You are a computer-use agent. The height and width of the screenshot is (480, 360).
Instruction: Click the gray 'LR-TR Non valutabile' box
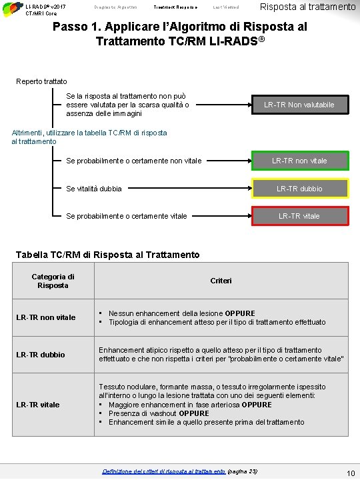pos(299,105)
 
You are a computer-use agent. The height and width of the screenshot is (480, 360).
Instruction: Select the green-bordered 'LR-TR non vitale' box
pos(299,161)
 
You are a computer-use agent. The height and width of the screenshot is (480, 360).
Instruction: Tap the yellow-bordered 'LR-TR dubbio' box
pos(299,189)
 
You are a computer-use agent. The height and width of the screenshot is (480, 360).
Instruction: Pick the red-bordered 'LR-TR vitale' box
pos(299,216)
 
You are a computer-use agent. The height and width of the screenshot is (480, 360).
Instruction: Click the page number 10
pos(350,473)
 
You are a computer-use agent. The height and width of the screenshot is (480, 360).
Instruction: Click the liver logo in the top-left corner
pos(11,8)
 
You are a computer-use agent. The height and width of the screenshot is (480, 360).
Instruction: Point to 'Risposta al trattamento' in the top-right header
pos(307,7)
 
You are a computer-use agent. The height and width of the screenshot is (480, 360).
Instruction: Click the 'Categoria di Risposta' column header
pos(53,281)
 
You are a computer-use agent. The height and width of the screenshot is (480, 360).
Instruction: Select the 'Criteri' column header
pos(221,281)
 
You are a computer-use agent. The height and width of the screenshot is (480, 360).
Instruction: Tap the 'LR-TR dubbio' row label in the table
pos(41,355)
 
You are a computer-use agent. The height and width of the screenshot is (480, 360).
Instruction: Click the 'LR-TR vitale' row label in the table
pos(38,405)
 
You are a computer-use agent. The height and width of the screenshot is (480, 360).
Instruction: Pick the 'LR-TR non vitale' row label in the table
pos(46,317)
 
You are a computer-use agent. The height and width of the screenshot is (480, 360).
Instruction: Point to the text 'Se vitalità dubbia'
pos(94,189)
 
